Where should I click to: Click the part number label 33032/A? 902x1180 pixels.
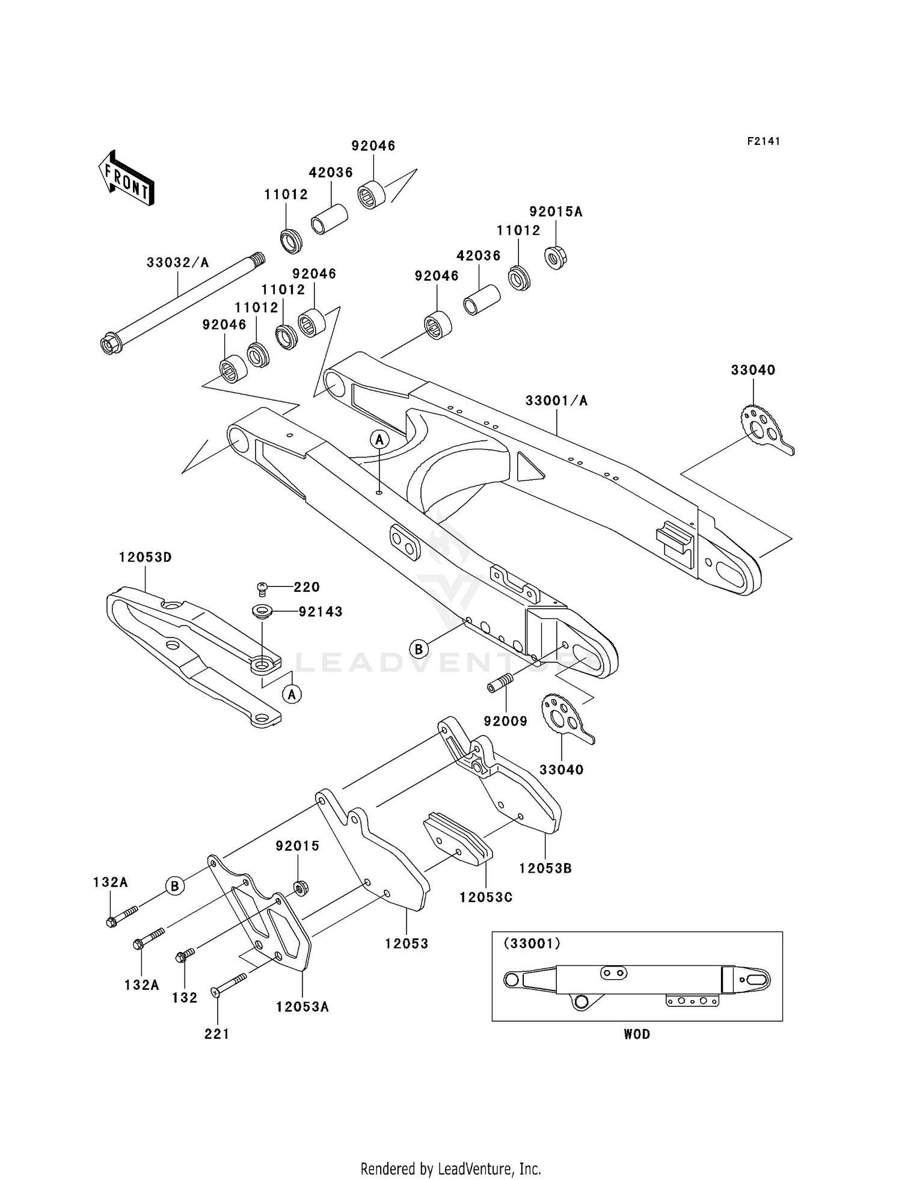pyautogui.click(x=178, y=263)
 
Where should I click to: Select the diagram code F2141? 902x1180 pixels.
pyautogui.click(x=764, y=141)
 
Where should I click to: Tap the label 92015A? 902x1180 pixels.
pyautogui.click(x=556, y=212)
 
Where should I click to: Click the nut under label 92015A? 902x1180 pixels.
pyautogui.click(x=556, y=257)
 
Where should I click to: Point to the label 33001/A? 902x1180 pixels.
pyautogui.click(x=556, y=401)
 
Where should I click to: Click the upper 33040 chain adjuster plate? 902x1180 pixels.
pyautogui.click(x=762, y=427)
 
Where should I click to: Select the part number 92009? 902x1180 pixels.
pyautogui.click(x=505, y=721)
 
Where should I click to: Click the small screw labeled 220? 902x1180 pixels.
pyautogui.click(x=262, y=588)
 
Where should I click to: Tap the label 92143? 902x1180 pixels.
pyautogui.click(x=321, y=612)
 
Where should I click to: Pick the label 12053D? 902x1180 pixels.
pyautogui.click(x=145, y=558)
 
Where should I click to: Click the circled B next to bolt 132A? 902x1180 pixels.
pyautogui.click(x=175, y=886)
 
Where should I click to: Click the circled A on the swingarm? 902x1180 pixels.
pyautogui.click(x=379, y=440)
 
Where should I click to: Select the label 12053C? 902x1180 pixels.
pyautogui.click(x=486, y=897)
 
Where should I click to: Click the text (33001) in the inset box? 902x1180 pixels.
pyautogui.click(x=532, y=944)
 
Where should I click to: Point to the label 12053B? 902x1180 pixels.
pyautogui.click(x=545, y=868)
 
